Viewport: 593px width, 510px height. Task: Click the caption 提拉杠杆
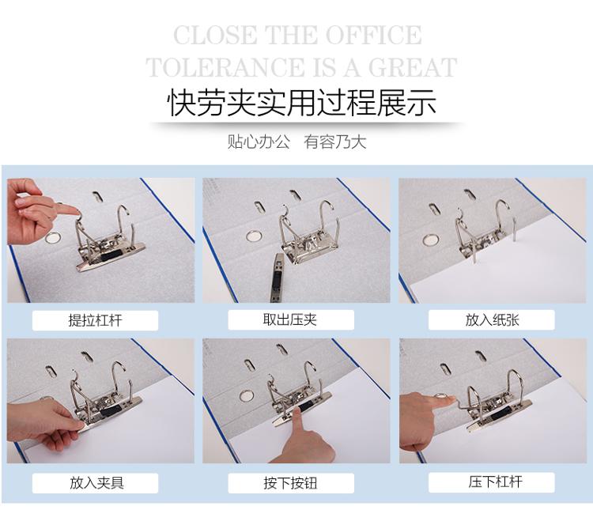click(96, 320)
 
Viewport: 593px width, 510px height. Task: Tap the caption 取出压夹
click(290, 319)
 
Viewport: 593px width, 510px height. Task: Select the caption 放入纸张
click(492, 319)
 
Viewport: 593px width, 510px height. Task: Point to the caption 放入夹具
click(96, 483)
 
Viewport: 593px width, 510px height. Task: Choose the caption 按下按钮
click(290, 483)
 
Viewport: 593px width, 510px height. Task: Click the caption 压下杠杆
click(496, 482)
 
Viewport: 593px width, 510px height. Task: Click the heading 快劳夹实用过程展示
click(301, 103)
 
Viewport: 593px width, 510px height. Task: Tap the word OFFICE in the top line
click(374, 35)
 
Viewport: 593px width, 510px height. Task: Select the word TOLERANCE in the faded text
click(225, 67)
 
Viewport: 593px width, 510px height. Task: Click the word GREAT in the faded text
click(413, 67)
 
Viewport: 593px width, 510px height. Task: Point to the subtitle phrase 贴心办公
click(259, 142)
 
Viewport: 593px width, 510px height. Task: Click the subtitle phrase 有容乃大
click(335, 142)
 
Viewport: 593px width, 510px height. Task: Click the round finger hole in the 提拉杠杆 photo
click(53, 238)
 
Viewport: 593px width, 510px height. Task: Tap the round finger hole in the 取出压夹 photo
click(254, 236)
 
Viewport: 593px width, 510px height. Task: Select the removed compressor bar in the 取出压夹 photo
click(278, 277)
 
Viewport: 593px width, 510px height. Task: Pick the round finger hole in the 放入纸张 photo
click(431, 240)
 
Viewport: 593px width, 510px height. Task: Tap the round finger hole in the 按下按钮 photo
click(247, 396)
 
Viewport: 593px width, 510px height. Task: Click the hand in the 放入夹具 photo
click(45, 424)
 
